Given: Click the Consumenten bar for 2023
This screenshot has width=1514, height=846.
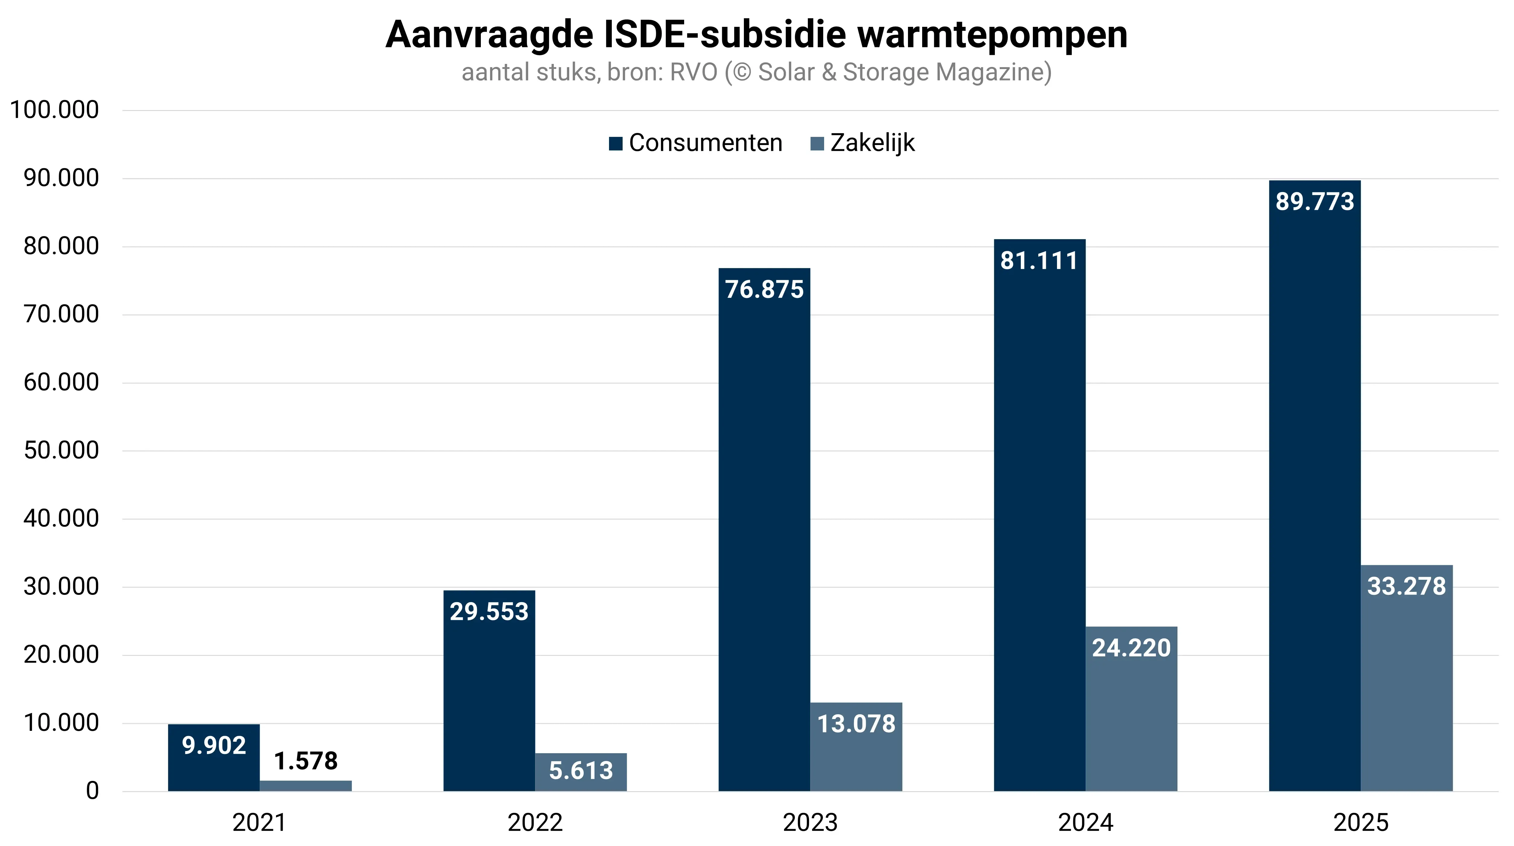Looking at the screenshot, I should (x=764, y=529).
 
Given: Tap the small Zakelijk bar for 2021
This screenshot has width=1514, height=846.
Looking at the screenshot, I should (x=306, y=785).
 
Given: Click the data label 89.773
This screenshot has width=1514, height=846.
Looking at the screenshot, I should (x=1315, y=201).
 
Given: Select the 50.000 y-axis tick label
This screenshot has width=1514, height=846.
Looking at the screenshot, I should (x=61, y=451).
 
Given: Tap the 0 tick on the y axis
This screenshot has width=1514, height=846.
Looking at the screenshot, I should (x=92, y=791).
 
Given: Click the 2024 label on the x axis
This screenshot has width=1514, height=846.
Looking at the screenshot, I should (x=1086, y=822).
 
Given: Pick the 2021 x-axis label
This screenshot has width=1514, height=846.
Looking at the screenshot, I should (x=259, y=822).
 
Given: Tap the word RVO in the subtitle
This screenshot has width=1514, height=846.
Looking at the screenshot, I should (x=694, y=72).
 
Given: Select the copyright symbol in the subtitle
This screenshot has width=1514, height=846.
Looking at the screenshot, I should (x=742, y=72).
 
